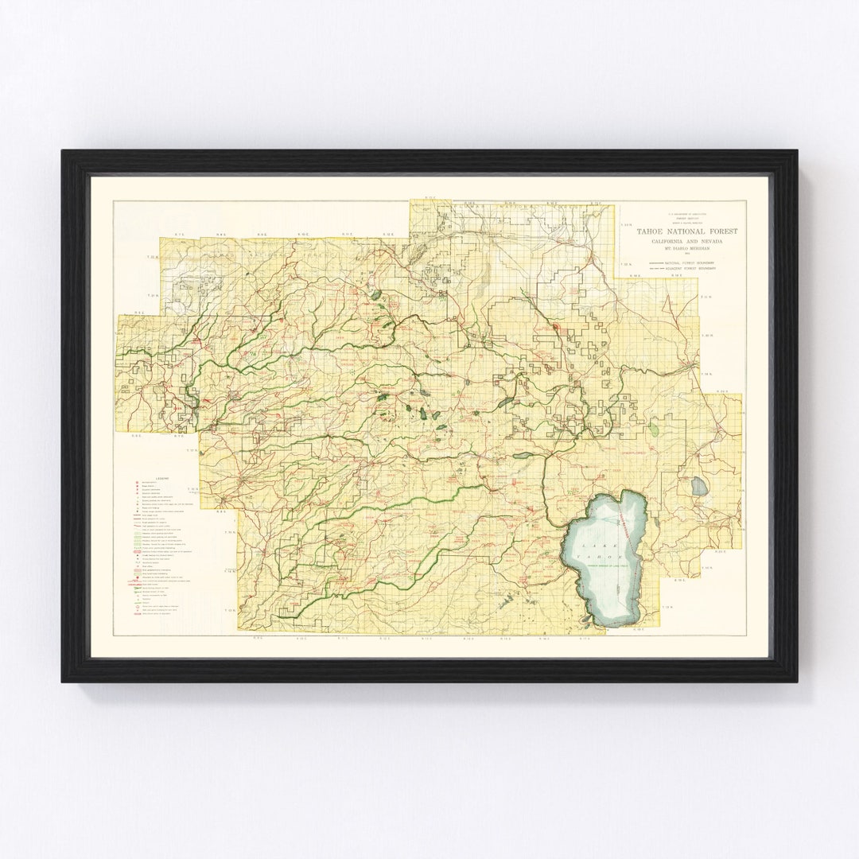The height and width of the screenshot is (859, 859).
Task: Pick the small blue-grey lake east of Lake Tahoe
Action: coord(699,486)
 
